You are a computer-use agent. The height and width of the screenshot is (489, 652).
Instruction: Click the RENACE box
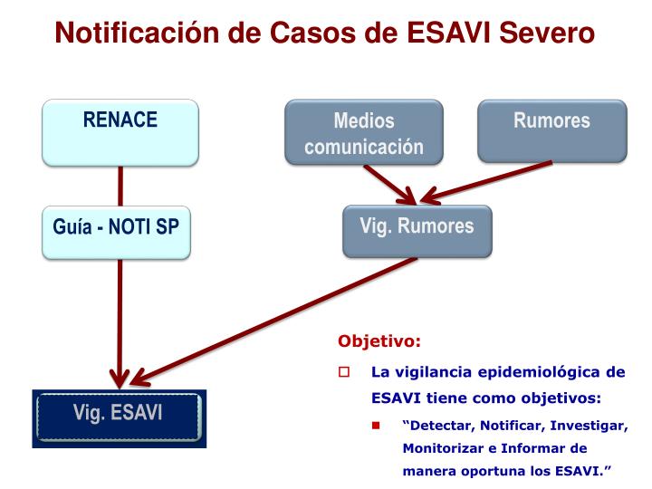click(x=120, y=132)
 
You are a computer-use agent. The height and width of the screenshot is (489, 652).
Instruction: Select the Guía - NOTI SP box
click(x=117, y=232)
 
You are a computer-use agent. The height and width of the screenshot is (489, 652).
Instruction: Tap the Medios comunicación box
click(x=364, y=132)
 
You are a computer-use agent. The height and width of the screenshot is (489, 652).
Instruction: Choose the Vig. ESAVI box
click(x=119, y=416)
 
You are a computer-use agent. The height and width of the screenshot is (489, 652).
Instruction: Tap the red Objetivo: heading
click(x=379, y=342)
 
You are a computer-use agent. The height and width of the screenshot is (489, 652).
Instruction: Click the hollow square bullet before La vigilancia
click(x=344, y=372)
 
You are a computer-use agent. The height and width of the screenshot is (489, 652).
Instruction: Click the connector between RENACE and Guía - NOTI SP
click(x=120, y=187)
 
